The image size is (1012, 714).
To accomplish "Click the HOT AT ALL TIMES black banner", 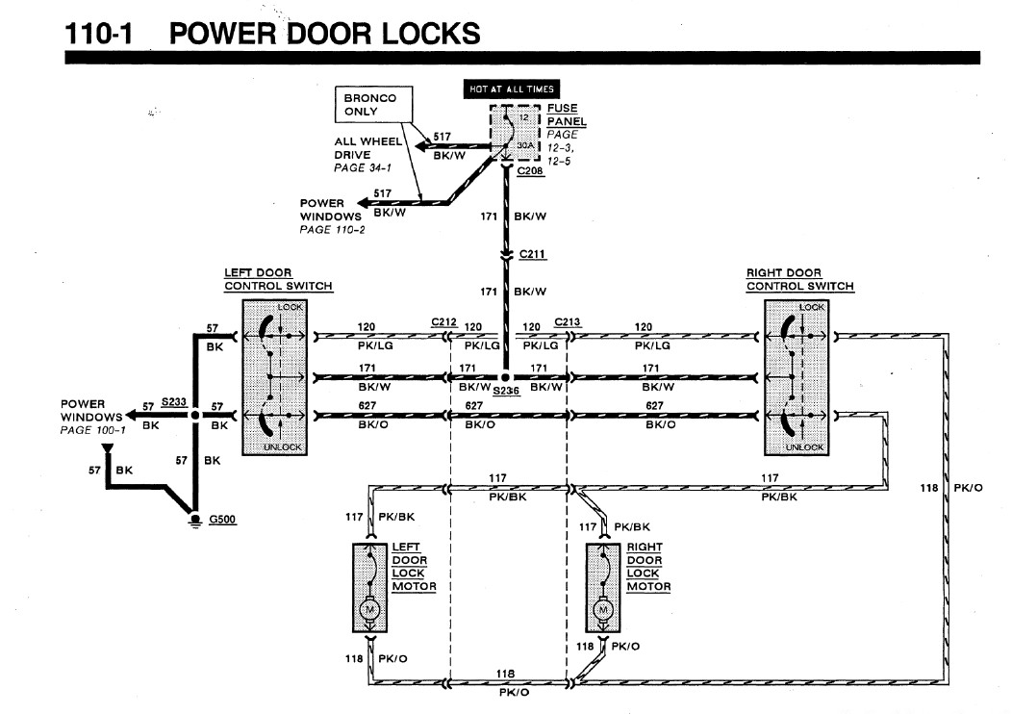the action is point(511,89).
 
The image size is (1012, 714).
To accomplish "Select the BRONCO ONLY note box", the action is point(373,105).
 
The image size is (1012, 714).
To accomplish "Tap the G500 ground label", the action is point(222,519).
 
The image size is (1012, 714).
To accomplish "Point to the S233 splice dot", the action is point(195,415).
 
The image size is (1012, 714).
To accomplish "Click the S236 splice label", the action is point(506,391).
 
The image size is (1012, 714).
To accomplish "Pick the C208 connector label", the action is point(530,170).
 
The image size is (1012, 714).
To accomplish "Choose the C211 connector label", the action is point(533,254).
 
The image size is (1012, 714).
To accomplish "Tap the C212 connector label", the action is point(444,322).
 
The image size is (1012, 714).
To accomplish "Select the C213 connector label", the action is point(568,322).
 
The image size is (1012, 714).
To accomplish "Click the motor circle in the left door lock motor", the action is point(369,609).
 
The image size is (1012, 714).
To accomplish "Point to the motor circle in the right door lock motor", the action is point(603,609).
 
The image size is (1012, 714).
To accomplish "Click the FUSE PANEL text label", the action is point(566,115).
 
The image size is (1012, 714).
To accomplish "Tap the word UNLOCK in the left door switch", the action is point(282,446).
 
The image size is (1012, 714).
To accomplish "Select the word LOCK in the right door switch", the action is point(811,307).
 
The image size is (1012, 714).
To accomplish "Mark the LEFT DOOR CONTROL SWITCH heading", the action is point(278,279).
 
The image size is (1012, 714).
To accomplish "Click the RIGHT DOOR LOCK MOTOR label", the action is point(648,567).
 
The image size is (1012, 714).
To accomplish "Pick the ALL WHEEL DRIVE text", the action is point(367,148).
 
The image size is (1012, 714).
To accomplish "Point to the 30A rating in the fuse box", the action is point(525,145).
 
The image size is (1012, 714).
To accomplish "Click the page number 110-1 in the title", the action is point(99,34).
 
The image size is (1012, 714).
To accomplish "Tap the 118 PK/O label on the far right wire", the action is point(950,488).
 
